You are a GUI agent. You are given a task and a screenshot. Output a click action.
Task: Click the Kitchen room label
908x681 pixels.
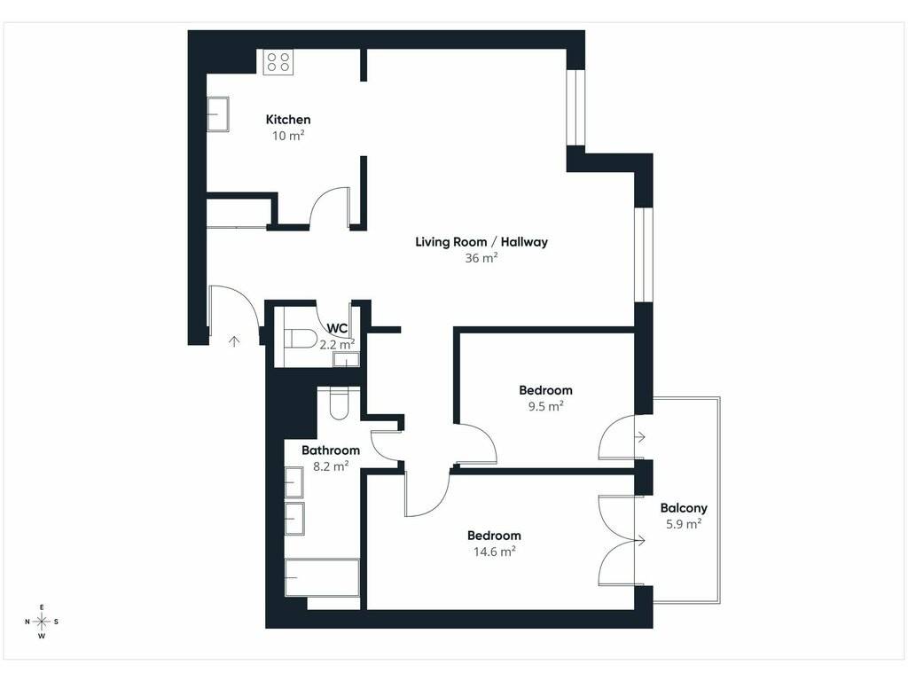(x=288, y=120)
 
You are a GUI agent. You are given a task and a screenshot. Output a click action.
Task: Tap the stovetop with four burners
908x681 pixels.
(x=278, y=62)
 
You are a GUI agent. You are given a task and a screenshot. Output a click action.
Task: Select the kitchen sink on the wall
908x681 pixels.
(x=218, y=114)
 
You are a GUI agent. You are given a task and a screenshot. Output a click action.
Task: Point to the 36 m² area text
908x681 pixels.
(x=481, y=258)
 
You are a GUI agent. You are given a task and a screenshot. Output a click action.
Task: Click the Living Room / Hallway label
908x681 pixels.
(x=481, y=242)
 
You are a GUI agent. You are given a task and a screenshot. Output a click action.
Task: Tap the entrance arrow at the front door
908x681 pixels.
(x=234, y=341)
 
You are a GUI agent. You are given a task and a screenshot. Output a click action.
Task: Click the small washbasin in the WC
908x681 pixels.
(x=346, y=360)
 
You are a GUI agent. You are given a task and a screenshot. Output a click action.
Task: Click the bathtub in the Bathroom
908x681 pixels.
(x=322, y=577)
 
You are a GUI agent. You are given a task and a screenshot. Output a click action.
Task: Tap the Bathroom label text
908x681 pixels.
(x=331, y=450)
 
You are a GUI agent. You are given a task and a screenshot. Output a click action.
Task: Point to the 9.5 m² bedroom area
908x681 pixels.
(x=545, y=406)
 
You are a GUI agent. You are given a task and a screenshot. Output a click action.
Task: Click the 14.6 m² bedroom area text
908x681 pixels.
(x=494, y=552)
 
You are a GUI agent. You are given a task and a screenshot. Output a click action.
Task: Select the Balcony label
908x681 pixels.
(x=684, y=508)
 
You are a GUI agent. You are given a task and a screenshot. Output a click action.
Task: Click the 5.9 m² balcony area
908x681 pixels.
(x=684, y=524)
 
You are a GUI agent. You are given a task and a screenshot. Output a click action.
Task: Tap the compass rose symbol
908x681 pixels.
(x=42, y=622)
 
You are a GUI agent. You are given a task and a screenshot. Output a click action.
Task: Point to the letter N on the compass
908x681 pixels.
(x=27, y=622)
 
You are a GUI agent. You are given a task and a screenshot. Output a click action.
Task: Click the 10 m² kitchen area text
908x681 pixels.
(x=288, y=136)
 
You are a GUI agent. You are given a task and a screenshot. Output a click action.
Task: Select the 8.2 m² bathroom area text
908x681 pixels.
(x=331, y=466)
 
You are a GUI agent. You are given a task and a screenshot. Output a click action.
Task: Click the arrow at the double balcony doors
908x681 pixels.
(x=640, y=541)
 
